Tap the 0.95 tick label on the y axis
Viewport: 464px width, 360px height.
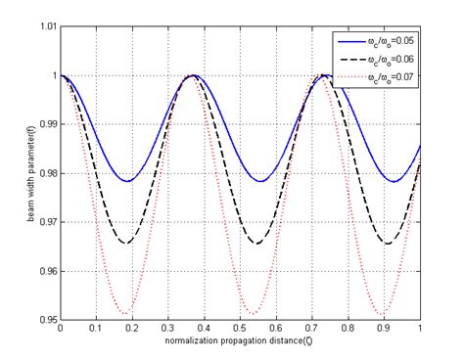[x=45, y=320]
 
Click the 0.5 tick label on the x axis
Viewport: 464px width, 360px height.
[x=241, y=330]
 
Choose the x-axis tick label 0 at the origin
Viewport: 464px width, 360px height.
[x=61, y=330]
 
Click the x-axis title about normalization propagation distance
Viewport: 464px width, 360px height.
[x=241, y=341]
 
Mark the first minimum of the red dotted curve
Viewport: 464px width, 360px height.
[x=127, y=314]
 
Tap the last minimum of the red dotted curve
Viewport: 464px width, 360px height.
[x=390, y=314]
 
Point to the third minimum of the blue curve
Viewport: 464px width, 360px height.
[x=390, y=181]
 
